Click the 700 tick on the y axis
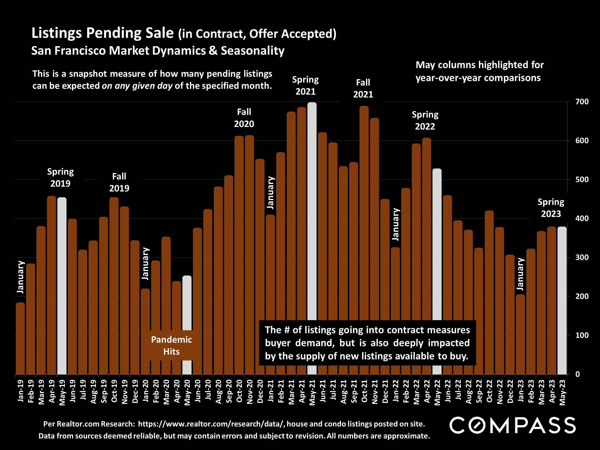pos(582,102)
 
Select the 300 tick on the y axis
pos(582,258)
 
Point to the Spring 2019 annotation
pos(60,178)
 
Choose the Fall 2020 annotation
pos(244,118)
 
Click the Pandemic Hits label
pos(171,346)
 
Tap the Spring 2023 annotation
pos(551,208)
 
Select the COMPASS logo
pos(512,425)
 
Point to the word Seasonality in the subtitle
pos(252,51)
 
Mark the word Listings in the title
pos(56,33)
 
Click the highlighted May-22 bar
pos(437,244)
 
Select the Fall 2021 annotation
pos(363,88)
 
